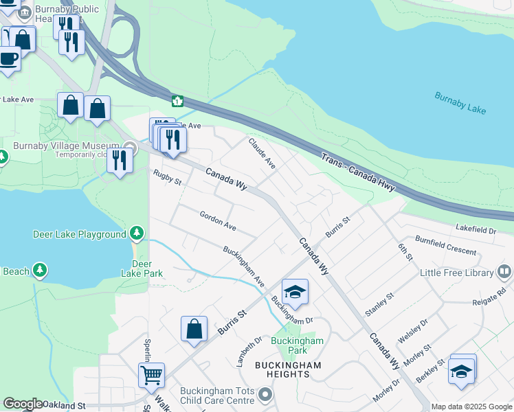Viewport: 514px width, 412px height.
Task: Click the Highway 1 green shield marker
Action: point(177,102)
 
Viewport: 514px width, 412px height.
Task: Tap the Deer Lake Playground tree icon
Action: point(137,234)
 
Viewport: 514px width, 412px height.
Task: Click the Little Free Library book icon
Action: point(504,273)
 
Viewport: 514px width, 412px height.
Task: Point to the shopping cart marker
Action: point(151,375)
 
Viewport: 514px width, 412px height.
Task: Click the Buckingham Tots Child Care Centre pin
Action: point(265,395)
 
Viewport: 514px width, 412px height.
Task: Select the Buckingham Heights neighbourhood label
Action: point(287,369)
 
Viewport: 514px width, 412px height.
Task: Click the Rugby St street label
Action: point(167,178)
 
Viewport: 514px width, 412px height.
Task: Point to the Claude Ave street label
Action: point(262,152)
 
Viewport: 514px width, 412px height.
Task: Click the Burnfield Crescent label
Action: point(445,247)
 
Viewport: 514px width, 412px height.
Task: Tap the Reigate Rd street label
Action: point(489,297)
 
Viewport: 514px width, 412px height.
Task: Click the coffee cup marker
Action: point(9,58)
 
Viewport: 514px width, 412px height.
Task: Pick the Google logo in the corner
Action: point(22,404)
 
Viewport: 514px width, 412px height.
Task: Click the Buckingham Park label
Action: point(297,345)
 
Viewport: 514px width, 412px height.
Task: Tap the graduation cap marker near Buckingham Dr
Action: point(295,292)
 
